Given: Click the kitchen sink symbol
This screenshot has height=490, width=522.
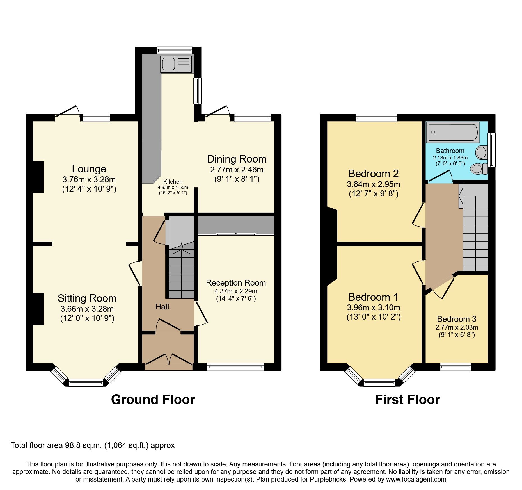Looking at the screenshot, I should tap(176, 64).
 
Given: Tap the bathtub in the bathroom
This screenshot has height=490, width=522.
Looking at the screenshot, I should tap(452, 132).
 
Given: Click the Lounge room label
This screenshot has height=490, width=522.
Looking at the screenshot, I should tap(89, 169).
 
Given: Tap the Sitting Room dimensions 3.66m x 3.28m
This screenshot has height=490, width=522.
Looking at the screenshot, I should tap(87, 309).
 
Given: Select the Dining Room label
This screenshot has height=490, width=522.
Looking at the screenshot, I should tap(237, 159).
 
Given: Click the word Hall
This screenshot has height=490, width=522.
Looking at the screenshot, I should tap(162, 307).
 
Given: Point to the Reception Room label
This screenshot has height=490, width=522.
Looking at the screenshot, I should tap(236, 283).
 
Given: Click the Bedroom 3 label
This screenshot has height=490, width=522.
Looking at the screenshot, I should tap(457, 319).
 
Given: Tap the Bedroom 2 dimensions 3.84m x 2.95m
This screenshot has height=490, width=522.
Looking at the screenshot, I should tap(373, 184).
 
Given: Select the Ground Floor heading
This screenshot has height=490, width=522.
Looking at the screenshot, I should tap(153, 400).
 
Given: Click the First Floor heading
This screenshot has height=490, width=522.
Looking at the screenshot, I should tap(407, 400).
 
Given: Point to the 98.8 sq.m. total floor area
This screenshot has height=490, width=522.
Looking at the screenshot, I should tap(83, 445).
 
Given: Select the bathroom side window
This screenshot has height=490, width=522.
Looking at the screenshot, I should tap(491, 150).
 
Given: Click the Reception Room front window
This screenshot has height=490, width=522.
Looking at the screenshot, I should tap(235, 367).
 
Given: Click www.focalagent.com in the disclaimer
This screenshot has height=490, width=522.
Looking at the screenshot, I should tap(416, 479).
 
